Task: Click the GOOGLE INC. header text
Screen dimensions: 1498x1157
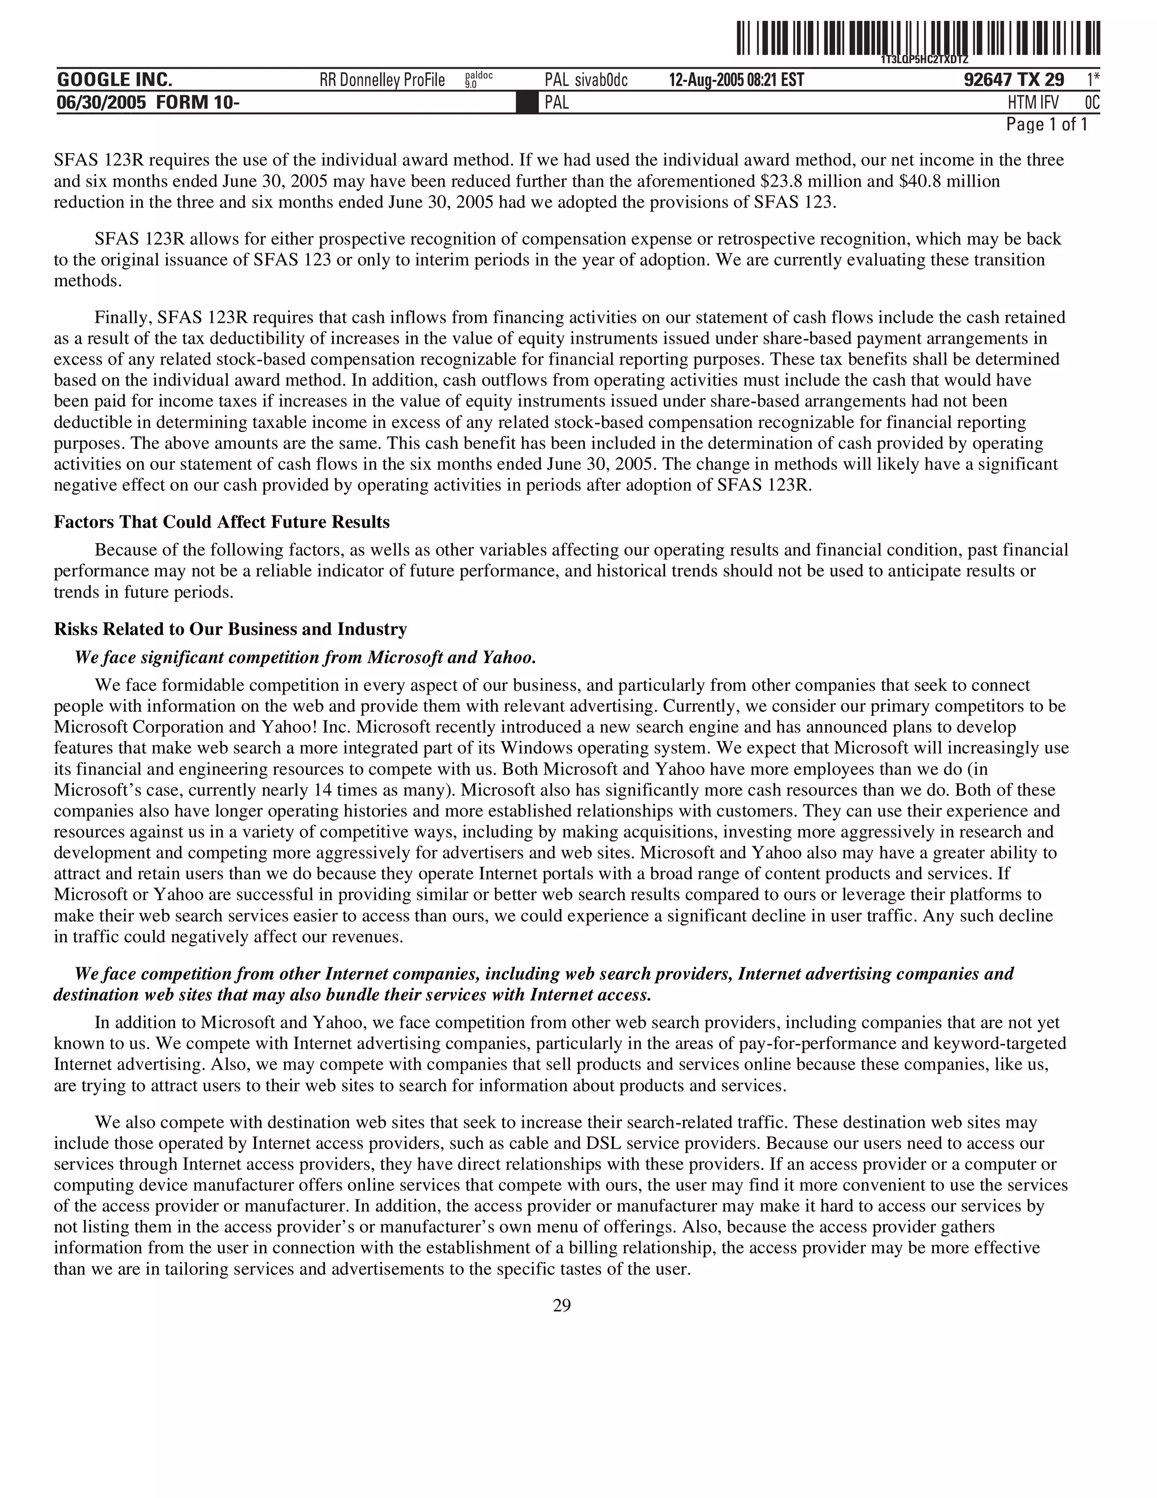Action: click(115, 80)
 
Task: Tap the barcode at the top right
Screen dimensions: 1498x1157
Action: click(919, 39)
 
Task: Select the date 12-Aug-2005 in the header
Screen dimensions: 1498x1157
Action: click(707, 80)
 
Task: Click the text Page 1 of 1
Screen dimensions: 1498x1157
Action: click(1046, 125)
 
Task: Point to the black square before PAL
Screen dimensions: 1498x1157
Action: click(527, 103)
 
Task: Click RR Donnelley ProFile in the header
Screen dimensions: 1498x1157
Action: click(382, 80)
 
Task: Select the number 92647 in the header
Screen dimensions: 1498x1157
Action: click(987, 80)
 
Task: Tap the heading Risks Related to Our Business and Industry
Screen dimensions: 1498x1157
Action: click(230, 629)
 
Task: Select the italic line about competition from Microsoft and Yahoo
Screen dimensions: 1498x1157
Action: click(305, 658)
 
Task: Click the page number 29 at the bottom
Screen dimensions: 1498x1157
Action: click(562, 1305)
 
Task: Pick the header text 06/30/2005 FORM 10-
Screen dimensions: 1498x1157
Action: click(148, 103)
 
